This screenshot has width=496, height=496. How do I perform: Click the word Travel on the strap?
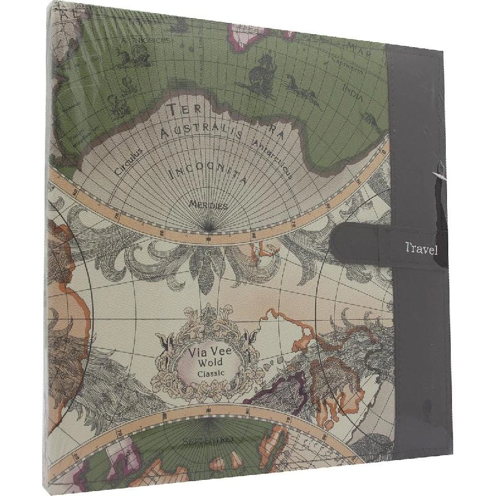pyautogui.click(x=421, y=249)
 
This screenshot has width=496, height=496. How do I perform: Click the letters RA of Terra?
pyautogui.click(x=276, y=131)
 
